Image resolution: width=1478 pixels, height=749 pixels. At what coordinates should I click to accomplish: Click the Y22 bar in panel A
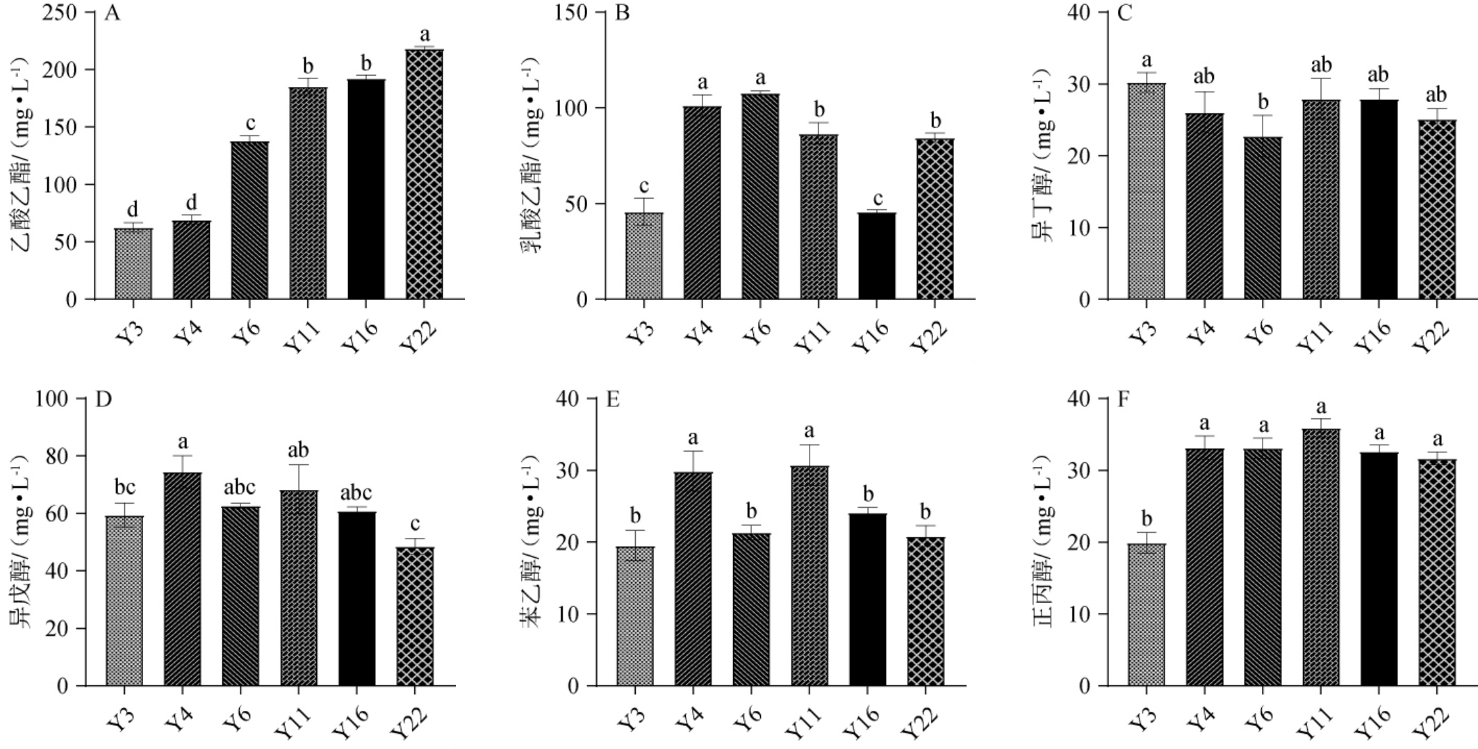[425, 174]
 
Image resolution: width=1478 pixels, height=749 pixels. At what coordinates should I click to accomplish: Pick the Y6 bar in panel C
[1263, 218]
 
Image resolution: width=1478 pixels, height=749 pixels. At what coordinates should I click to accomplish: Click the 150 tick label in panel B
[570, 13]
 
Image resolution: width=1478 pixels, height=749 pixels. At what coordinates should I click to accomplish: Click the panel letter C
[1124, 13]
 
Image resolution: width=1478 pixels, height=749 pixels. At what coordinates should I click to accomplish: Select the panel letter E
[613, 400]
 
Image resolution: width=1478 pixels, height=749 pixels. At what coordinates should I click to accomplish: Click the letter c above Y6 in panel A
[250, 124]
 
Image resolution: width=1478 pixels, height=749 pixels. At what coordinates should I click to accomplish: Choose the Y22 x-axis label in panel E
[921, 722]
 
